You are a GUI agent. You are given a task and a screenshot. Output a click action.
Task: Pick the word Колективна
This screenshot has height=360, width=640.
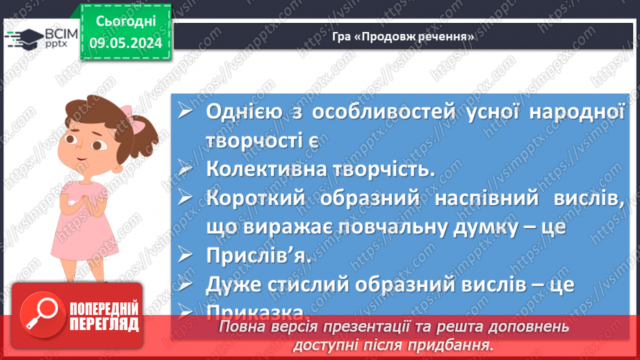click(x=268, y=169)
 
